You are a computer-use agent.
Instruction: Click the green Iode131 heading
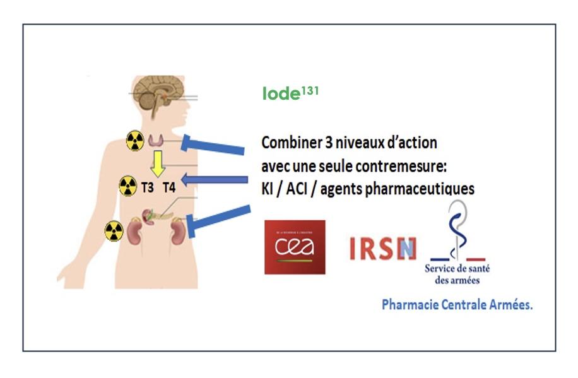[x=290, y=93]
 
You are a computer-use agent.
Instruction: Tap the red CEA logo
[x=295, y=247]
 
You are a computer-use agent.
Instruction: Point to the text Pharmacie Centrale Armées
[x=457, y=305]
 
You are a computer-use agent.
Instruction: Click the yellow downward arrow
[x=157, y=163]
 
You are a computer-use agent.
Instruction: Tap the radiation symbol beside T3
[x=127, y=186]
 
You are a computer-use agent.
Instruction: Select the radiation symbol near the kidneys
[x=115, y=230]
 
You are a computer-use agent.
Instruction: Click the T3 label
[x=148, y=187]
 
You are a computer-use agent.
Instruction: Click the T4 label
[x=170, y=187]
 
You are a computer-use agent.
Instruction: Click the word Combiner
[x=287, y=143]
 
